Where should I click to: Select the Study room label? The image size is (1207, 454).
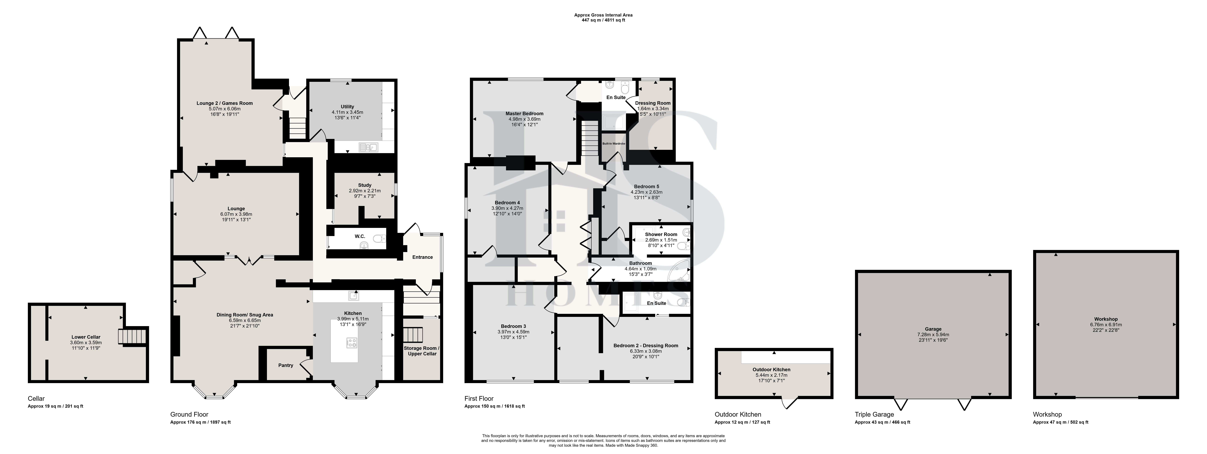coord(365,185)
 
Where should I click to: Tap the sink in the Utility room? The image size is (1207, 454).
coord(368,148)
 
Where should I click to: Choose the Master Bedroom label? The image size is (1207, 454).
coord(524,114)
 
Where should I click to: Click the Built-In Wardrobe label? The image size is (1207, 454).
coord(614,143)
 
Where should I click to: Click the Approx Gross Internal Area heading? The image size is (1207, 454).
coord(603,15)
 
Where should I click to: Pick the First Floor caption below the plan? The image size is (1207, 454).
coord(479,399)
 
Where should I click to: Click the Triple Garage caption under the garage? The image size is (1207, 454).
coord(874,415)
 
